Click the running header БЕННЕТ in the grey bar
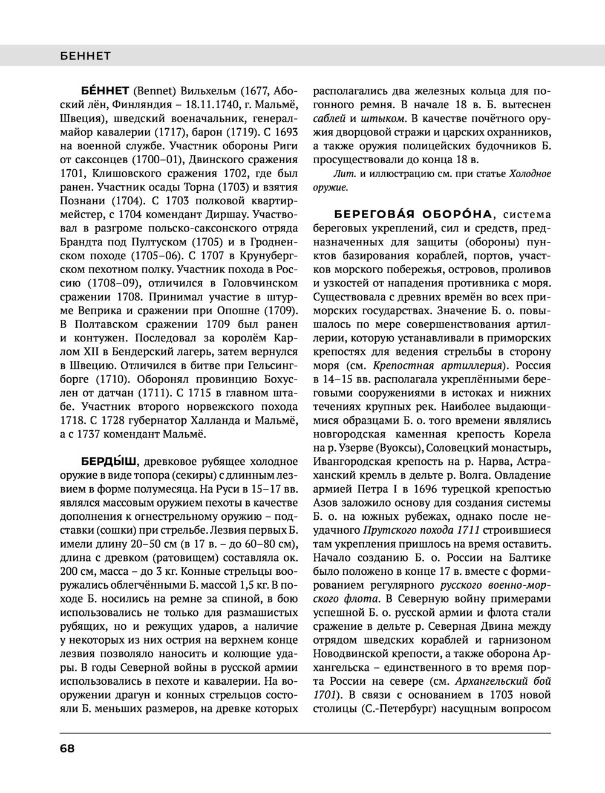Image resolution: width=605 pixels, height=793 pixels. click(85, 56)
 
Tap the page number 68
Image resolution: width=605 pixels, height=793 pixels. click(67, 748)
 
